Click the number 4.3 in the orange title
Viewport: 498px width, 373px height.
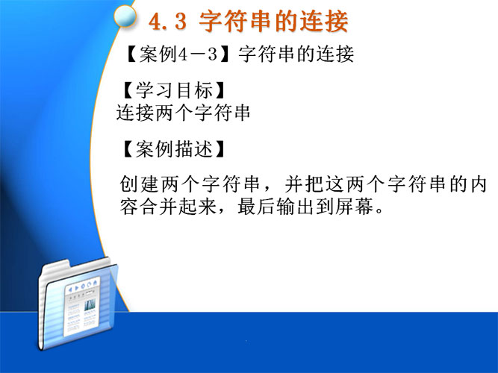tap(167, 22)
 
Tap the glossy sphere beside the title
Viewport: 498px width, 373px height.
tap(125, 16)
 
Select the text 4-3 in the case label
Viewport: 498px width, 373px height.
tap(198, 54)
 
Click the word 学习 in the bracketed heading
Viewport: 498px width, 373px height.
tap(155, 90)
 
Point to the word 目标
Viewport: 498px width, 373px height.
tap(193, 90)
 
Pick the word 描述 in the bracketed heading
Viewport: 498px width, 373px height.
tap(193, 149)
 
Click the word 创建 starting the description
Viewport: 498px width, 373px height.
tap(139, 184)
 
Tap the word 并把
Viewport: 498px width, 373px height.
tap(304, 184)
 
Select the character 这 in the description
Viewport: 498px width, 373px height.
tap(334, 184)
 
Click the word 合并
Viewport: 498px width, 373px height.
tap(149, 207)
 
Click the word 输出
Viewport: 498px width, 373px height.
tap(296, 207)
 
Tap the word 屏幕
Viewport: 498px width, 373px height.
tap(354, 207)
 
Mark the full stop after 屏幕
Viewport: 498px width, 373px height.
tap(379, 211)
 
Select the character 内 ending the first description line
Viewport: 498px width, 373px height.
tap(478, 184)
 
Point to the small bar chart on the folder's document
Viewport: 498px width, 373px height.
tap(90, 305)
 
